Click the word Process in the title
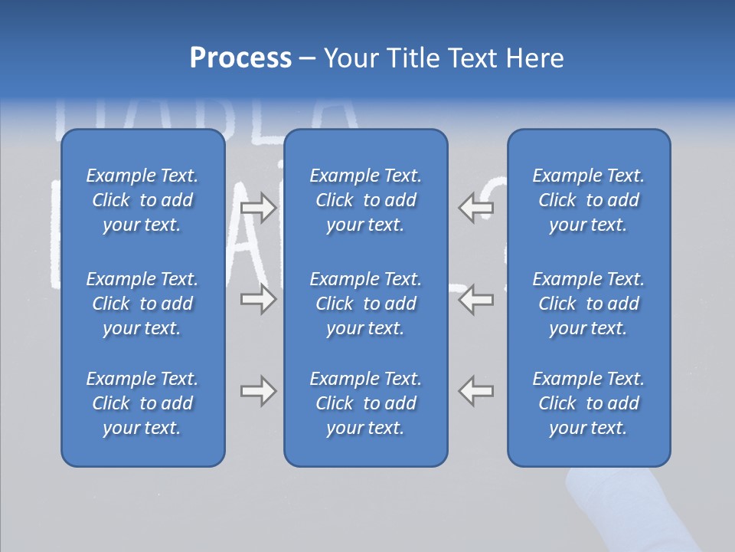pos(240,58)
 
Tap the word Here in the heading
pos(534,58)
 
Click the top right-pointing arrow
pos(258,208)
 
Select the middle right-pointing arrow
pos(258,299)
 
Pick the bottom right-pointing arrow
pos(258,391)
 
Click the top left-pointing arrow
pos(475,208)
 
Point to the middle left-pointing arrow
pos(475,299)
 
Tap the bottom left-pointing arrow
pos(475,391)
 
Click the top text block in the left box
pos(142,200)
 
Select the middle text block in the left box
pos(142,304)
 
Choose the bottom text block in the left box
pos(142,403)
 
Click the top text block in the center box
pos(365,200)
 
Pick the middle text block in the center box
pos(365,304)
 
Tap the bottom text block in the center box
pos(365,403)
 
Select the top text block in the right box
pos(588,200)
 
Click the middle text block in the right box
pos(588,304)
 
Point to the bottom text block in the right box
pos(588,403)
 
